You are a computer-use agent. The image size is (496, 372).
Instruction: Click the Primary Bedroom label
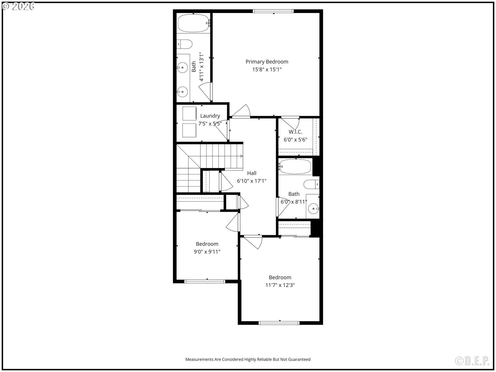click(267, 62)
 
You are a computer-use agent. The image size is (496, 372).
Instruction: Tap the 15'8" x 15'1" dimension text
click(267, 69)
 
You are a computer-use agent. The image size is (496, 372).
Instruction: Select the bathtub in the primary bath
click(193, 23)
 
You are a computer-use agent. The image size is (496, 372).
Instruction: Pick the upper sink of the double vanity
click(182, 68)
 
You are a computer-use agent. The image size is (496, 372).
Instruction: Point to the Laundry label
click(210, 116)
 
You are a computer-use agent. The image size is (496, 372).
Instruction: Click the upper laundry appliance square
click(189, 113)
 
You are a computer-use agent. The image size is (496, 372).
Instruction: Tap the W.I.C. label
click(295, 132)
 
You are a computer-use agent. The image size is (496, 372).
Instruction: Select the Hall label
click(252, 173)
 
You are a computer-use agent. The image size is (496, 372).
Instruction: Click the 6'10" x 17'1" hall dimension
click(252, 181)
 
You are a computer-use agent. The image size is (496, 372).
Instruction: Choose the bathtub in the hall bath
click(295, 167)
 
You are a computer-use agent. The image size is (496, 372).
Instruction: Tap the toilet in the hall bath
click(311, 184)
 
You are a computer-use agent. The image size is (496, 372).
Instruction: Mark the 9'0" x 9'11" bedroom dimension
click(207, 252)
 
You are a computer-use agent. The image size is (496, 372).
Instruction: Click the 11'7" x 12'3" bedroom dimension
click(280, 285)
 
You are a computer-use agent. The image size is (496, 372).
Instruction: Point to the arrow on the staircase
click(242, 156)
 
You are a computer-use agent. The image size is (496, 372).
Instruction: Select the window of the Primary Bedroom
click(273, 11)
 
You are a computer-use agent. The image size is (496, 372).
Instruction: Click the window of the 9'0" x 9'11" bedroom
click(205, 281)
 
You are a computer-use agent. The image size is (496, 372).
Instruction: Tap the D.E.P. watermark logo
click(472, 361)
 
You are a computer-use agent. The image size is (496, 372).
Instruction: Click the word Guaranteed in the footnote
click(299, 359)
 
